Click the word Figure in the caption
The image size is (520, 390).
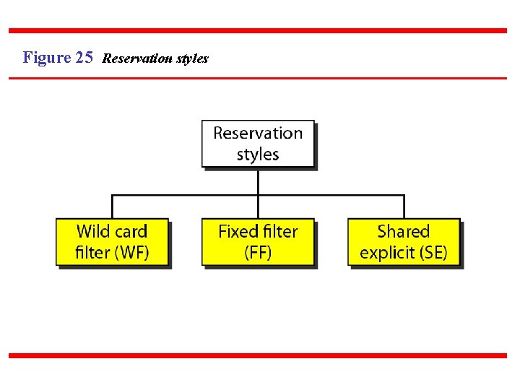pyautogui.click(x=47, y=58)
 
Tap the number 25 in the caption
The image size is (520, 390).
pyautogui.click(x=84, y=58)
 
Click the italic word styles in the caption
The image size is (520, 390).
pyautogui.click(x=191, y=58)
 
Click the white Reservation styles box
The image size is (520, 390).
pyautogui.click(x=258, y=144)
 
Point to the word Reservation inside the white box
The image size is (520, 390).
pyautogui.click(x=258, y=134)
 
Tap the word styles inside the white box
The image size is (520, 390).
pyautogui.click(x=258, y=155)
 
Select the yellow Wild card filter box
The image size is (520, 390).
pyautogui.click(x=112, y=242)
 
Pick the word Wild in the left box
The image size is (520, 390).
pyautogui.click(x=92, y=232)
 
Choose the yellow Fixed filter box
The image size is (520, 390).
pyautogui.click(x=258, y=242)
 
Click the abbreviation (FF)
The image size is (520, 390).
pyautogui.click(x=258, y=253)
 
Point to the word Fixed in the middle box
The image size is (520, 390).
pyautogui.click(x=237, y=232)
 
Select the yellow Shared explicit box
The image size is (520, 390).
pyautogui.click(x=404, y=242)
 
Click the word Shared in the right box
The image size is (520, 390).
pyautogui.click(x=404, y=232)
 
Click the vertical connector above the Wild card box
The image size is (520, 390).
pyautogui.click(x=112, y=207)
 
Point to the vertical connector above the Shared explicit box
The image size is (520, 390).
pyautogui.click(x=404, y=207)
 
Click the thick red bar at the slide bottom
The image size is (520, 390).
pyautogui.click(x=258, y=355)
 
